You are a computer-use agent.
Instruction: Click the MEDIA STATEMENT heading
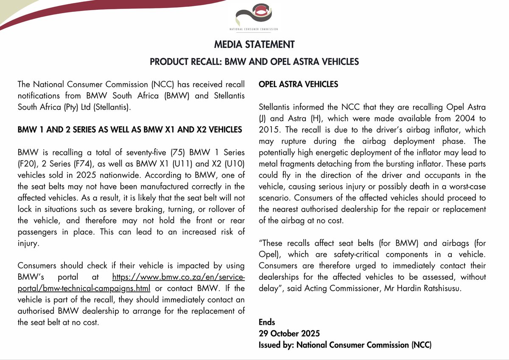pos(255,45)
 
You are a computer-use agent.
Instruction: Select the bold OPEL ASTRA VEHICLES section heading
pos(298,84)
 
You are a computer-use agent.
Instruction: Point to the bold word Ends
pos(267,322)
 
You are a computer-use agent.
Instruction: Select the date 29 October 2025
pos(289,333)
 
